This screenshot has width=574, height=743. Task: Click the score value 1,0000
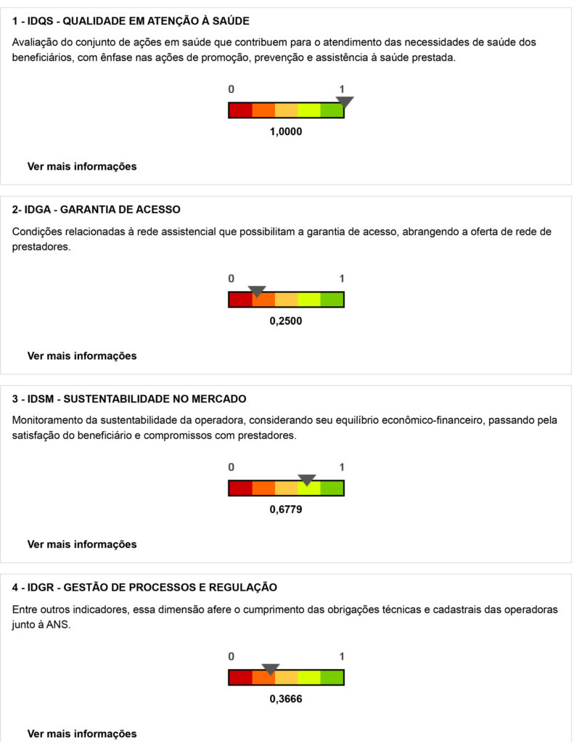point(285,132)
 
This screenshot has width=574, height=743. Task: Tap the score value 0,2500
point(285,321)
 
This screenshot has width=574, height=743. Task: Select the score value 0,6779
point(285,509)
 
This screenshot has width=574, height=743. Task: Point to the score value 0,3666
point(285,699)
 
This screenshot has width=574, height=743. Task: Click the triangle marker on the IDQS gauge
point(345,102)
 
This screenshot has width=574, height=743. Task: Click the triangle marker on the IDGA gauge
point(257,291)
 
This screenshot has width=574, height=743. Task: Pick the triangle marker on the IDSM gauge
point(307,480)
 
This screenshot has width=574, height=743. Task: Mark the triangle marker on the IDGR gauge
point(271,669)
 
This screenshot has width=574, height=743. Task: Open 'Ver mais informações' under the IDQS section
point(82,166)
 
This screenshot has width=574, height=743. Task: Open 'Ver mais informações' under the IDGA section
point(82,356)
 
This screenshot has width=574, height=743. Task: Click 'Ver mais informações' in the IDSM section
point(82,544)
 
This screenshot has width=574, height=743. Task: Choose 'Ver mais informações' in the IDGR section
point(82,734)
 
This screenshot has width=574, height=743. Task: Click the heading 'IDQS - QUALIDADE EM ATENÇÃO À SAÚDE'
point(136,21)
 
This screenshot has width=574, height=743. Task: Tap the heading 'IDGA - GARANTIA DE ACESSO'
point(97,210)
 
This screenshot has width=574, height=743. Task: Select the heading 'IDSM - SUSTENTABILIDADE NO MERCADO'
point(129,398)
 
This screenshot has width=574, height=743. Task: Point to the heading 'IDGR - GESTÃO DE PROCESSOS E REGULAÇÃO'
point(144,587)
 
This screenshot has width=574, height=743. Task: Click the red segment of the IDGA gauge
point(240,300)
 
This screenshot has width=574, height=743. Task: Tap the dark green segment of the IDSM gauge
point(332,488)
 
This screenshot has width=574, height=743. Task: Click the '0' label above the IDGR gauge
point(231,656)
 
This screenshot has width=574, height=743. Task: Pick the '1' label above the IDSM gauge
point(342,467)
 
